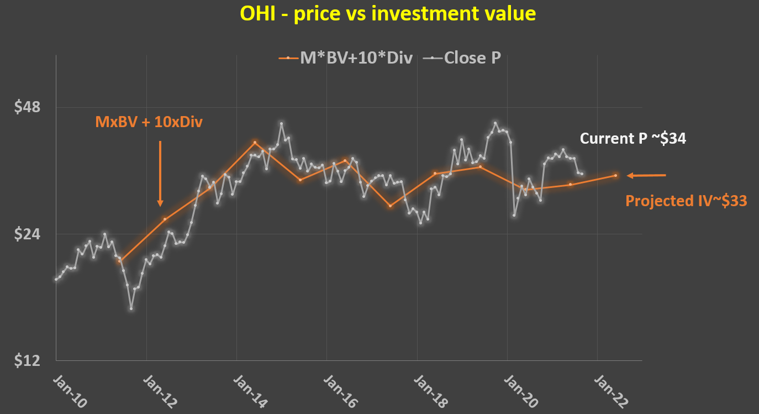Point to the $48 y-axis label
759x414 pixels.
pos(28,107)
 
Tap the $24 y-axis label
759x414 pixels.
pos(28,234)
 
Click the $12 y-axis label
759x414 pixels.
pos(28,361)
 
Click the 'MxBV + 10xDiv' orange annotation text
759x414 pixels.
pos(149,122)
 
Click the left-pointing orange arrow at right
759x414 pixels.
pos(647,176)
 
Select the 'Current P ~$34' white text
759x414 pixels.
pos(633,139)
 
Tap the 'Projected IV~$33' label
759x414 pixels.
pos(686,201)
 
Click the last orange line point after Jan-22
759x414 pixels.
pos(615,176)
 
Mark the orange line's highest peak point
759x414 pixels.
pos(255,142)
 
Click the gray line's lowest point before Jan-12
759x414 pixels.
pos(131,308)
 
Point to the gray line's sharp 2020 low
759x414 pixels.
pos(514,215)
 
